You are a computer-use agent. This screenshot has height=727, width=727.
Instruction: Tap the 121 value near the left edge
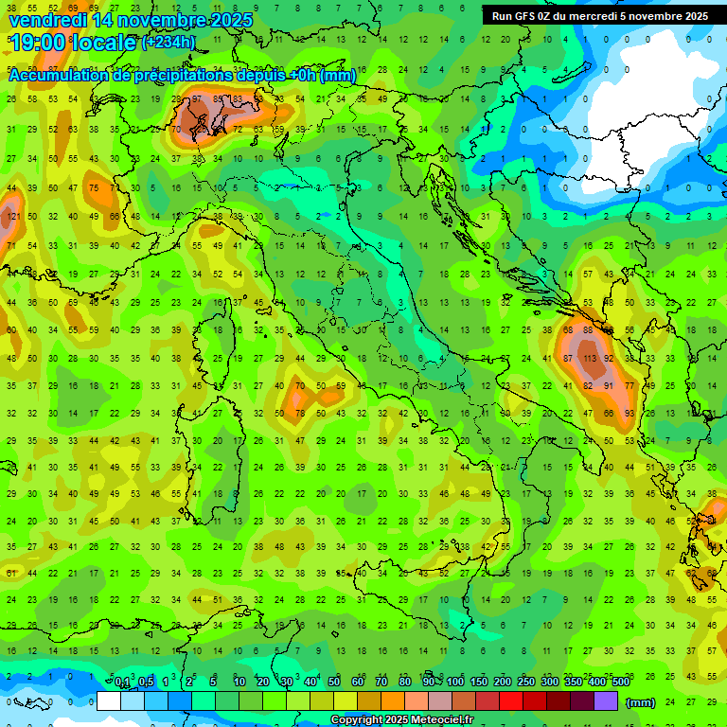point(12,218)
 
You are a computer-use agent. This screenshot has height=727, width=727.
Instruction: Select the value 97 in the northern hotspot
point(196,99)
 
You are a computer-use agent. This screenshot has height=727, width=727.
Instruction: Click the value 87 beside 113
point(568,360)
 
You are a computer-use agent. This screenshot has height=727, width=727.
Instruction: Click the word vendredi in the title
point(47,20)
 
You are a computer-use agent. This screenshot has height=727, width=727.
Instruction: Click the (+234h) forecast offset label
point(168,43)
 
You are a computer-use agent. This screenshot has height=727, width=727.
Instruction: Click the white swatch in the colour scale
point(108,701)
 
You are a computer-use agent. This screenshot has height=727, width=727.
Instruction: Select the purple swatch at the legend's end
point(606,701)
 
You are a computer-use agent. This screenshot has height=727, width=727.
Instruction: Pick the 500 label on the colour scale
point(620,682)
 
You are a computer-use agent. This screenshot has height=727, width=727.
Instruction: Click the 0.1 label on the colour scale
point(122,682)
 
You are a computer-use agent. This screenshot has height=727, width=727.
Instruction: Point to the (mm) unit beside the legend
point(641,702)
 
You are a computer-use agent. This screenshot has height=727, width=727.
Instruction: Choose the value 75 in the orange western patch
point(93,188)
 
